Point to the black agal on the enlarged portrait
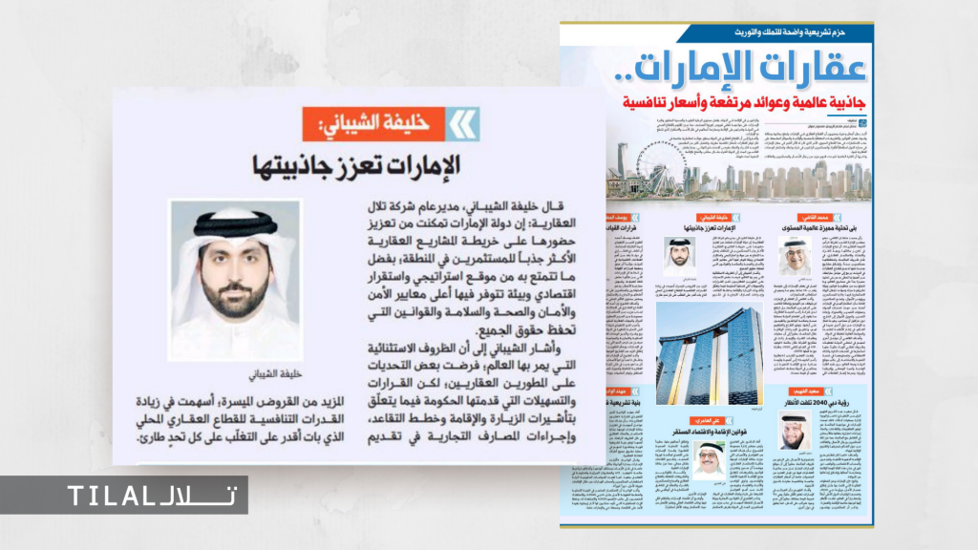[233, 227]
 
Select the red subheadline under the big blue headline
[741, 102]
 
